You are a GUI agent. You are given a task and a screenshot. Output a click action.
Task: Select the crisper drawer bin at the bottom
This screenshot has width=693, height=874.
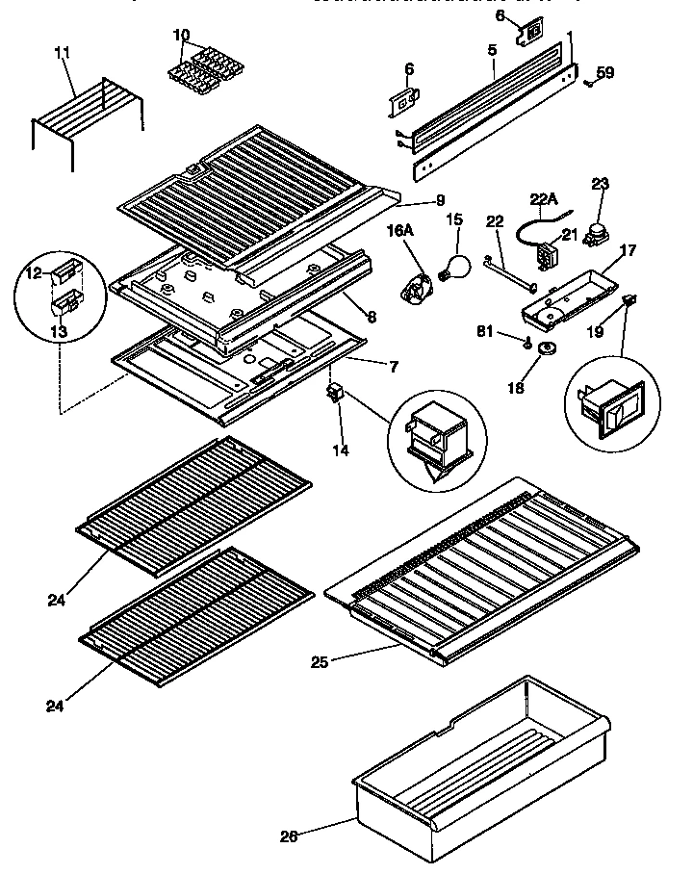(481, 760)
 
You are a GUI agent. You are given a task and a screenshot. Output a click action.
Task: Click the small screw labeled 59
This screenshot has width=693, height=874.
(586, 85)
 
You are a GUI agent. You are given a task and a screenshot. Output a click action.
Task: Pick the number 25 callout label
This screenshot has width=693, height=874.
(321, 662)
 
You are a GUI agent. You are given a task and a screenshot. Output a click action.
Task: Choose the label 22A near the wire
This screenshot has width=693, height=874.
(544, 199)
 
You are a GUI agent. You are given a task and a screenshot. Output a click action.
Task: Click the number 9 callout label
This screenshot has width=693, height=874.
(440, 201)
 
